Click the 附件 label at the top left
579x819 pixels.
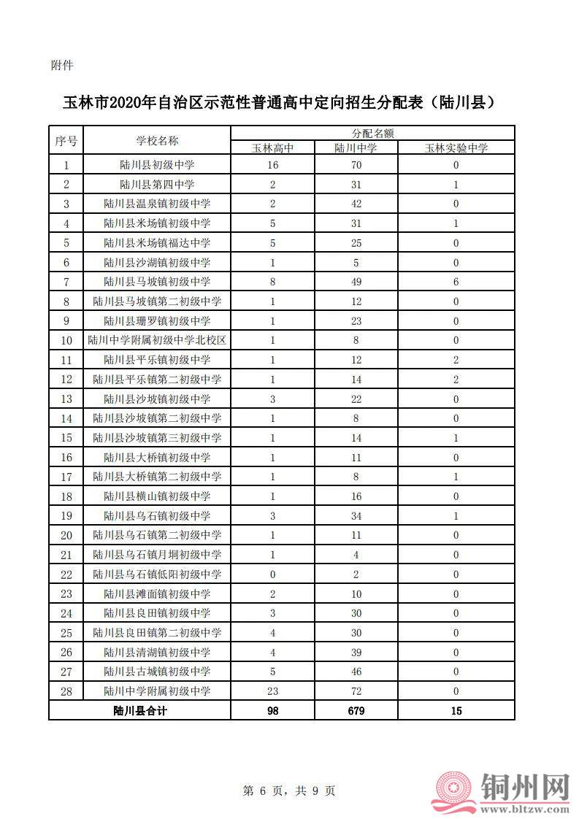pos(62,66)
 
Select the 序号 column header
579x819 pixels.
pos(66,140)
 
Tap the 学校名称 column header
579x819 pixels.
pos(157,140)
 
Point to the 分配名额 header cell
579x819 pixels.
pos(372,134)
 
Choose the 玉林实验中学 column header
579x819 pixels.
pos(456,147)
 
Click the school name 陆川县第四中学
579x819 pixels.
pos(157,184)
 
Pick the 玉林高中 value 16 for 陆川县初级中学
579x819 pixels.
pos(273,165)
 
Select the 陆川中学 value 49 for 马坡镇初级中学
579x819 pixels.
pos(356,282)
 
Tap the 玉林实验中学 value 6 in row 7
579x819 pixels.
pos(456,282)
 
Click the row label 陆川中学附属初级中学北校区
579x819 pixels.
pos(157,340)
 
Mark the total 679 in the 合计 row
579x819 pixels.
pos(356,710)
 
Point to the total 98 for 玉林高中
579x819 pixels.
pos(273,710)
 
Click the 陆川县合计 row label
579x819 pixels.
pos(140,710)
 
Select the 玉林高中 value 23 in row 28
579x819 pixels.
pos(273,691)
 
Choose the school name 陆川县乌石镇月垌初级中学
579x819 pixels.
pos(157,555)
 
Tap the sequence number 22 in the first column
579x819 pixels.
pos(66,574)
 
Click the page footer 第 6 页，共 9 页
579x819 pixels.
pos(288,791)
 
